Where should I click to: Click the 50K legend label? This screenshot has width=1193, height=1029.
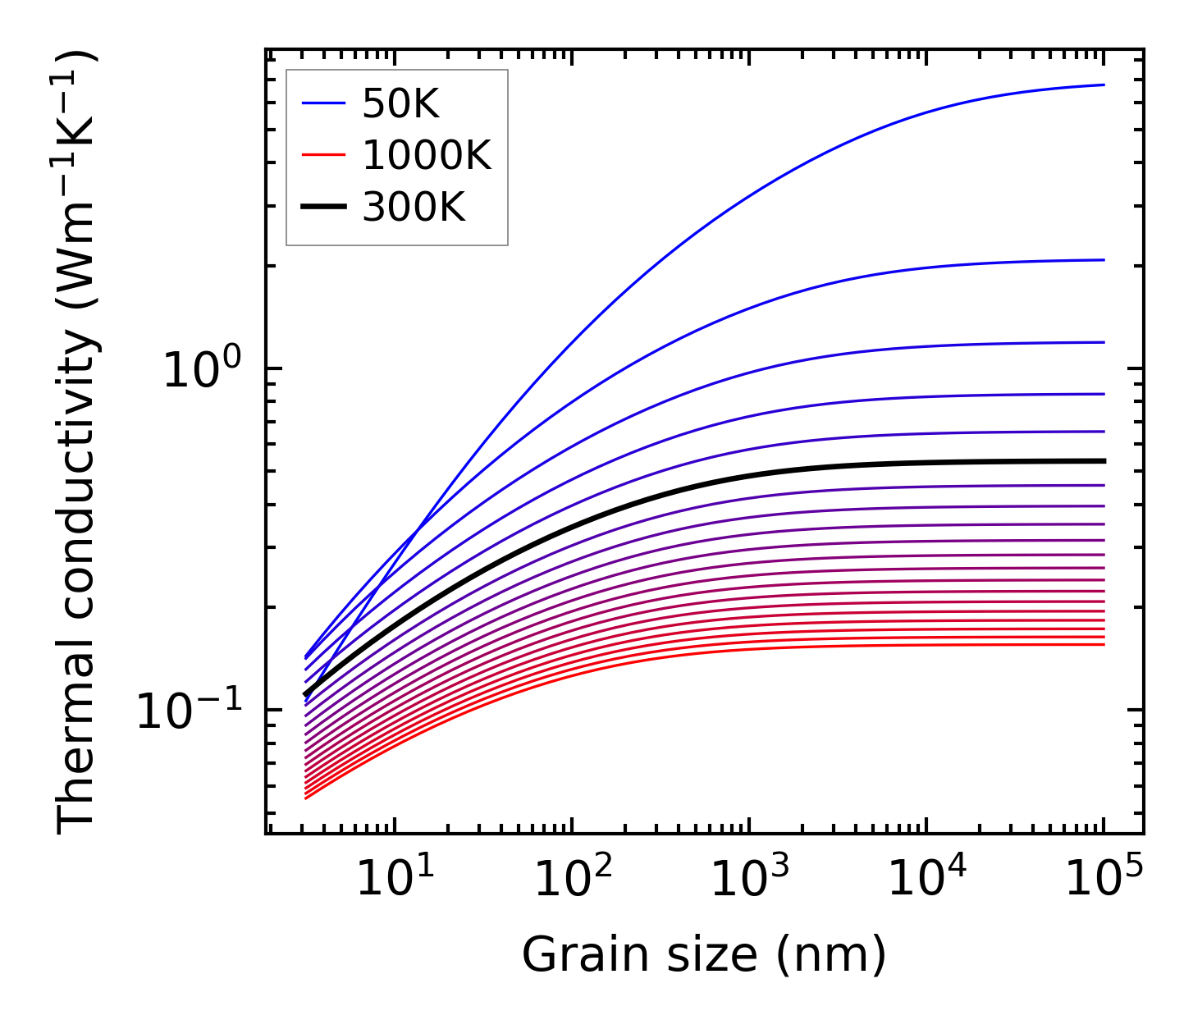(401, 104)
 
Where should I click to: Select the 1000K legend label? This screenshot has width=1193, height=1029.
(427, 156)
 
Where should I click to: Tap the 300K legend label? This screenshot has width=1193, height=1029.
(414, 208)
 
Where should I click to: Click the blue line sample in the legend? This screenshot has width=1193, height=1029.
(324, 104)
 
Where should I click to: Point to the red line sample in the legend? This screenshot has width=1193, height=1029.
(324, 156)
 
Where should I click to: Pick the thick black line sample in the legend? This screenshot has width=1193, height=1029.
(324, 208)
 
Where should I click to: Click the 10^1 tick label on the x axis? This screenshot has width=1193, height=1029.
(395, 879)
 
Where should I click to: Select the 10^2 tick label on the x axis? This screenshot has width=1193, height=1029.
(573, 879)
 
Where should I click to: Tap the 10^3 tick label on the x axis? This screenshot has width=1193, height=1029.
(750, 879)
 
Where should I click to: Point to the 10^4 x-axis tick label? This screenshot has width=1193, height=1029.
(927, 879)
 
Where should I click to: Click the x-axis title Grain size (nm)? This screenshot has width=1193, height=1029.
(704, 955)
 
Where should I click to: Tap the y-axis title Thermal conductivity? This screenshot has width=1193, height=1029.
(78, 443)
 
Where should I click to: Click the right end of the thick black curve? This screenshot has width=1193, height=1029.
(1104, 461)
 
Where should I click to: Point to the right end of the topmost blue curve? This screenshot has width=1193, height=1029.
(1104, 85)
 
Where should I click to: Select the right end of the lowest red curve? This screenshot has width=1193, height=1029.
(1104, 644)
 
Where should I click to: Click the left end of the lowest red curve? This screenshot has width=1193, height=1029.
(305, 798)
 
